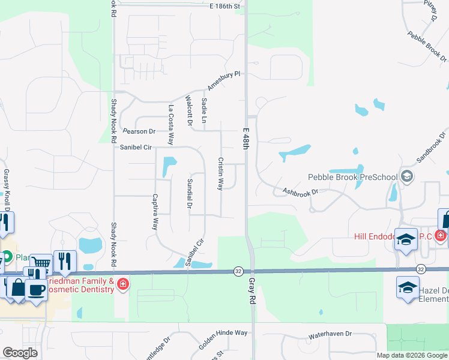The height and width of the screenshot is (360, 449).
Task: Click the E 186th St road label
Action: pyautogui.click(x=225, y=6)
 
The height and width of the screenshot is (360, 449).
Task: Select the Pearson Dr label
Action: pyautogui.click(x=139, y=131)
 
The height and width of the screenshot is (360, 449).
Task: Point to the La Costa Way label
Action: pyautogui.click(x=171, y=125)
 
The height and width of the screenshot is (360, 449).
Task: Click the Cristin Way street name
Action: pyautogui.click(x=220, y=174)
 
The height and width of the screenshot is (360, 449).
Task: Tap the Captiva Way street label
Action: pyautogui.click(x=154, y=212)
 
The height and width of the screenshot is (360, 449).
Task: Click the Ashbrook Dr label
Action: pyautogui.click(x=299, y=191)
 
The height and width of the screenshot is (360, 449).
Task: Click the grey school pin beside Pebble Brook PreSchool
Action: pyautogui.click(x=408, y=176)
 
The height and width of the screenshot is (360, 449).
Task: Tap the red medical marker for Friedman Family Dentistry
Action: pyautogui.click(x=123, y=283)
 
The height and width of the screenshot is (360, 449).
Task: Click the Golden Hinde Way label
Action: pyautogui.click(x=223, y=340)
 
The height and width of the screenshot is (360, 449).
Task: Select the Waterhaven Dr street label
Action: pyautogui.click(x=330, y=334)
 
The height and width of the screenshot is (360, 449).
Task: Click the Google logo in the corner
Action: pyautogui.click(x=20, y=352)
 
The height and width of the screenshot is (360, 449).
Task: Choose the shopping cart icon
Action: pyautogui.click(x=41, y=264)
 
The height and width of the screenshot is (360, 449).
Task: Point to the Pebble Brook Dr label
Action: pyautogui.click(x=427, y=47)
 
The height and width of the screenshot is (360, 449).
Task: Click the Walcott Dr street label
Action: pyautogui.click(x=188, y=112)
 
